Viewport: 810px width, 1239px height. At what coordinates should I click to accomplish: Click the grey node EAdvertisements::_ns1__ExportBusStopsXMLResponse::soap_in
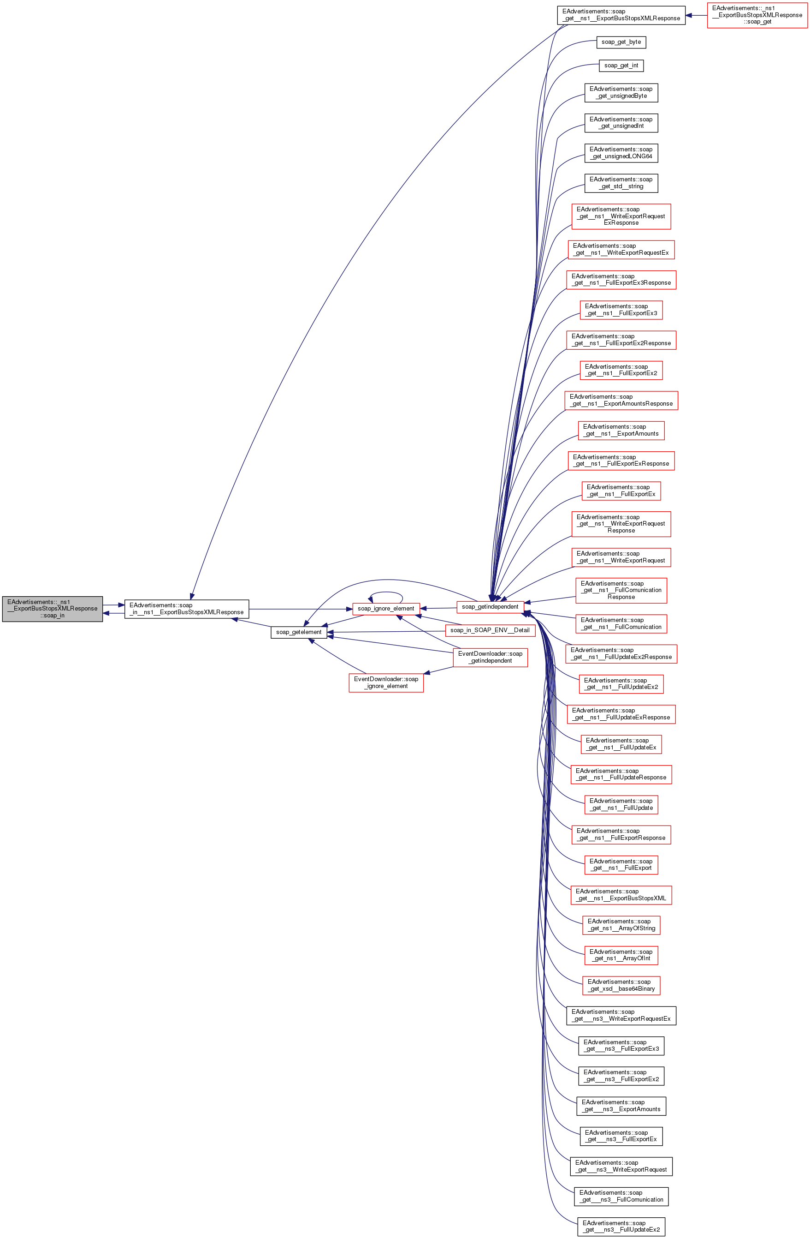[x=52, y=609]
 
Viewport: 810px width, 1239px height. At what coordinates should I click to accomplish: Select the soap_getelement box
[x=299, y=632]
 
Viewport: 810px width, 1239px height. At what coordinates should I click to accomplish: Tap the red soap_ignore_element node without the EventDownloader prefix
[x=385, y=609]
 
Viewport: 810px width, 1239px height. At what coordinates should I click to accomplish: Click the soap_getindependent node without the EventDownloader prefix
[x=490, y=606]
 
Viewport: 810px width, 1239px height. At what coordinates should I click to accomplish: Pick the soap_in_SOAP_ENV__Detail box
[x=490, y=630]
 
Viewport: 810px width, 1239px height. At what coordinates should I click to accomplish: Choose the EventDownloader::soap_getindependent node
[x=490, y=657]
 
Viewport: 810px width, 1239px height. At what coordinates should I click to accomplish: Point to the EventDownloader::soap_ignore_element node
[x=385, y=682]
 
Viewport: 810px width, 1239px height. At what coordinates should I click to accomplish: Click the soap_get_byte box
[x=621, y=42]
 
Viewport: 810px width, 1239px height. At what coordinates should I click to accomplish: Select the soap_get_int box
[x=621, y=66]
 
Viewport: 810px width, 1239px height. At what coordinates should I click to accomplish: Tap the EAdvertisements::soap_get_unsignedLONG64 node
[x=621, y=153]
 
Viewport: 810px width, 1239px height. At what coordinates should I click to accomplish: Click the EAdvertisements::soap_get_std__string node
[x=621, y=183]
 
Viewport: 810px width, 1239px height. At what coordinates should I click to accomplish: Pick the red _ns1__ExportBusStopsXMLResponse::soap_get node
[x=757, y=15]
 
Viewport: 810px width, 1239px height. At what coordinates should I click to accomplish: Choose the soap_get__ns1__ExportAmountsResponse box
[x=621, y=401]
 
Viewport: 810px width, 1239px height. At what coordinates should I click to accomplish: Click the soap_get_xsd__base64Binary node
[x=621, y=986]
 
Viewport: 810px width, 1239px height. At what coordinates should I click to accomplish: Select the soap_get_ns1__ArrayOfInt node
[x=621, y=955]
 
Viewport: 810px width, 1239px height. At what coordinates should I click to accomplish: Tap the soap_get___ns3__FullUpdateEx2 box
[x=621, y=1227]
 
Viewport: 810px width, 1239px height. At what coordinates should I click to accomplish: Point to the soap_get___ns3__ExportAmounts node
[x=621, y=1106]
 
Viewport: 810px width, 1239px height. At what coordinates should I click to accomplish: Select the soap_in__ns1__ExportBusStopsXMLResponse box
[x=186, y=609]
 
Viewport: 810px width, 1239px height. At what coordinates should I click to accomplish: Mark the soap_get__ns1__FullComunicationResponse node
[x=621, y=590]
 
